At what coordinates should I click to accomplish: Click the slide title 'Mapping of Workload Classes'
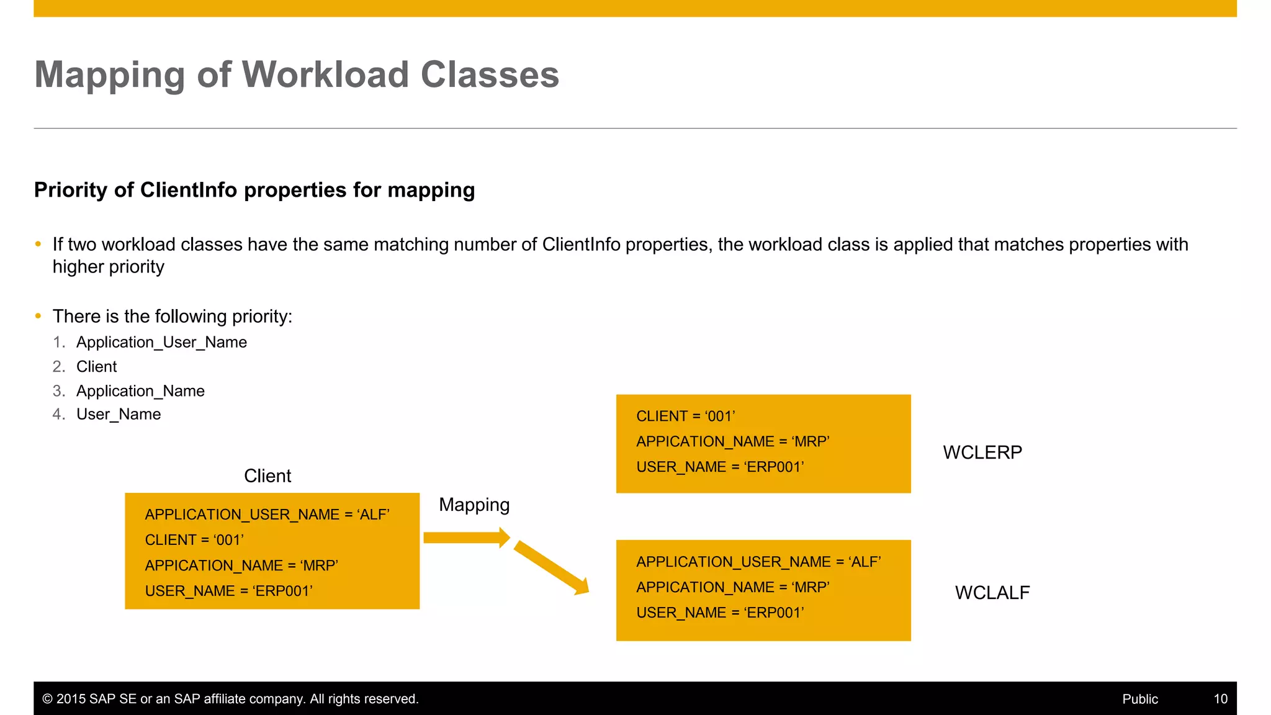297,74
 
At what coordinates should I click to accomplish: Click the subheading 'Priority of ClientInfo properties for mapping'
254,190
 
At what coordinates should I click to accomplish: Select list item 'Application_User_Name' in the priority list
161,342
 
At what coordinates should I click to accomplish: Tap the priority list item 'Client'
96,367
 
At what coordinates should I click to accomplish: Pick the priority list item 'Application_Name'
140,391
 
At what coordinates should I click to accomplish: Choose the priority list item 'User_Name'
119,414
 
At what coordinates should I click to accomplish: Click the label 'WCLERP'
982,452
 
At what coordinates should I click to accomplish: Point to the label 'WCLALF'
992,593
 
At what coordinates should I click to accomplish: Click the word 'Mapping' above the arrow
474,505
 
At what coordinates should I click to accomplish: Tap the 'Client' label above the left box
267,476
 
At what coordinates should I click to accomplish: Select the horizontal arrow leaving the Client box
466,537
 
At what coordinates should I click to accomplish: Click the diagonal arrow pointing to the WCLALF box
551,567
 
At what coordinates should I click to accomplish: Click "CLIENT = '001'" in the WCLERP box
686,416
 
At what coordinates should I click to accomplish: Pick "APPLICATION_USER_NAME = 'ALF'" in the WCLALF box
758,562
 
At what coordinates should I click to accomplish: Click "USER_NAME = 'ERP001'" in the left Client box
228,591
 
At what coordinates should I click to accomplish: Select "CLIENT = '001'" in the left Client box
194,540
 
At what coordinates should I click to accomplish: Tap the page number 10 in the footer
1220,699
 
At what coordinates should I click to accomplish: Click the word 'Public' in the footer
1140,699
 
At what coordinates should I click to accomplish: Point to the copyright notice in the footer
230,699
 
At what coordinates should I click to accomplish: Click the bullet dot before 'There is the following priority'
38,317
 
